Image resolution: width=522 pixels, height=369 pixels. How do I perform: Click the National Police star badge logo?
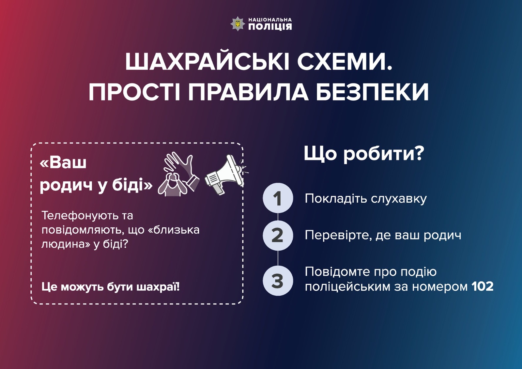point(238,24)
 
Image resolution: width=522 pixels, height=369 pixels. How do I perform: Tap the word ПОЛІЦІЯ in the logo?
point(270,27)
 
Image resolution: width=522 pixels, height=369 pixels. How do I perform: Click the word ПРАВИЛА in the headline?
point(249,92)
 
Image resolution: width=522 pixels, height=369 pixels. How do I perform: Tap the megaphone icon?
point(224,174)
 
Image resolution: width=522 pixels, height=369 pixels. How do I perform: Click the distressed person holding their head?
point(173,184)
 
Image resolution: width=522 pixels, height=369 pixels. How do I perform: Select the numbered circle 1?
point(278,198)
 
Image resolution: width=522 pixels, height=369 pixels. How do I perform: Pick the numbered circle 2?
point(278,236)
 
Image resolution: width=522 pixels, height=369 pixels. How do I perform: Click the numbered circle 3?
point(278,281)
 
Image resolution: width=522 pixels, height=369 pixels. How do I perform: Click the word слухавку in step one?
point(399,199)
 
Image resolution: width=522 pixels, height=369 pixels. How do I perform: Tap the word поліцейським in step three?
point(348,287)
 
